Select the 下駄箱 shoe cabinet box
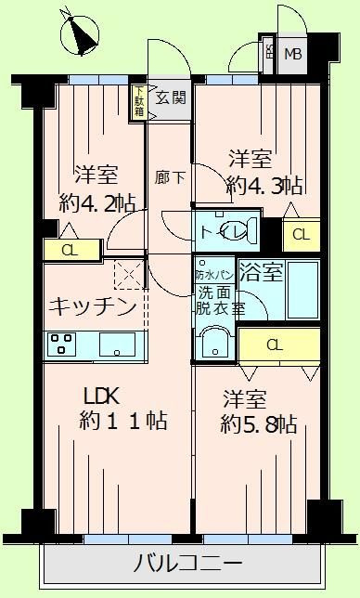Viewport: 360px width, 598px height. point(138,100)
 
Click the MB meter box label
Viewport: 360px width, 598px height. point(292,54)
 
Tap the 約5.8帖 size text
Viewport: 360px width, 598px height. point(261,424)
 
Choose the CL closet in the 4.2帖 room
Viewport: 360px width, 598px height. point(69,250)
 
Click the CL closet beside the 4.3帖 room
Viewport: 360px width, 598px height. point(301,234)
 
